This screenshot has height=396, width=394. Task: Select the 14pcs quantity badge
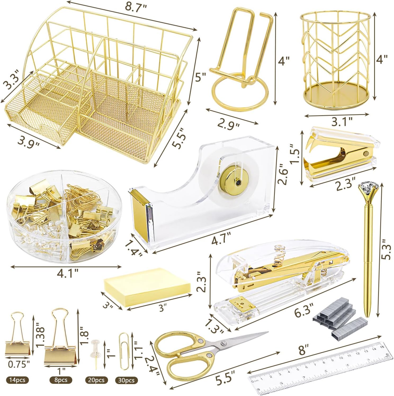(17, 380)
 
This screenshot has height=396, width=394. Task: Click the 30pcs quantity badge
(127, 380)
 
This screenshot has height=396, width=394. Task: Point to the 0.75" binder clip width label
(19, 364)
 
